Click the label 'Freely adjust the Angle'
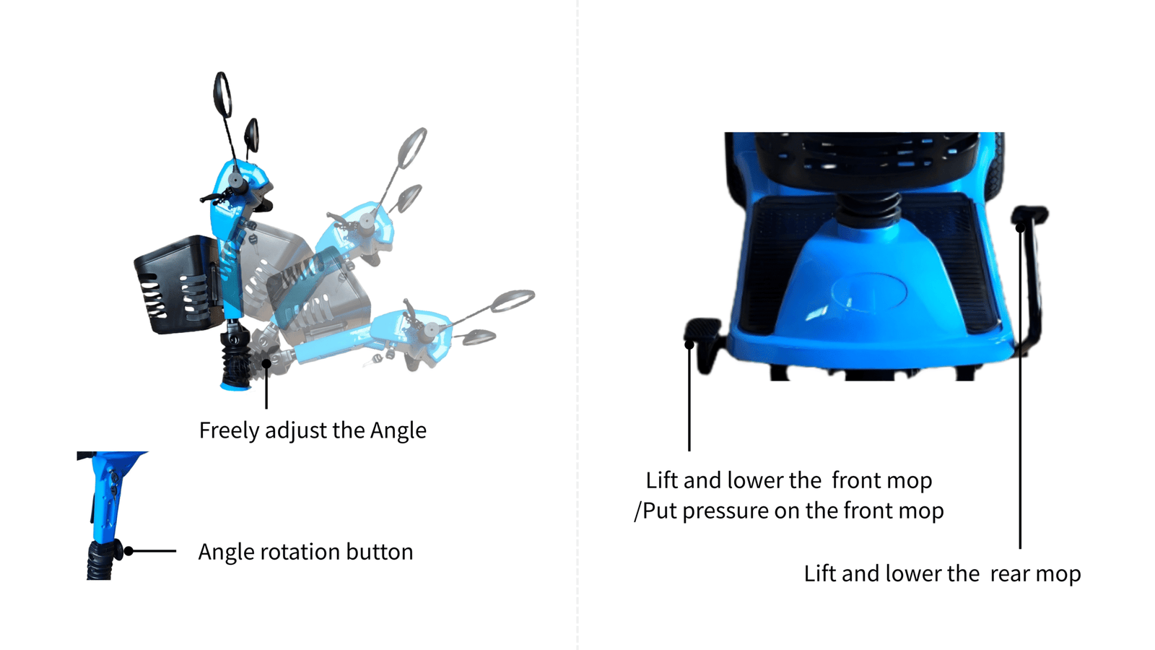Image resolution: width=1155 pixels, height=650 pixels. coord(313,430)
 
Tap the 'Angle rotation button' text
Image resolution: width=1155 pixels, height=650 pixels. coord(306,552)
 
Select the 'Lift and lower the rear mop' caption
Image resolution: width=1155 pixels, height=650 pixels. coord(943,573)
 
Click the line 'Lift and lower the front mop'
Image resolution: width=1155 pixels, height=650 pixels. coord(789,481)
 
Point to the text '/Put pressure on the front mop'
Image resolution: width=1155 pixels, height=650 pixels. coord(789,511)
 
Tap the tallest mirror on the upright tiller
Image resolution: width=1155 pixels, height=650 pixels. coord(222,95)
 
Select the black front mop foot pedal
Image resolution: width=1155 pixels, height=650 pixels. coord(702,330)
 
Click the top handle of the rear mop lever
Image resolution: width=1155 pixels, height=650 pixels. coord(1030,214)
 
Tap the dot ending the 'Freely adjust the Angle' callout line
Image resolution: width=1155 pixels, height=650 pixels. coord(266,364)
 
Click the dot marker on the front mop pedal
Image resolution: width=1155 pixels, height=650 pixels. coord(689,345)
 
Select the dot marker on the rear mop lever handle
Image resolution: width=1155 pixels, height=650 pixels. coord(1020,227)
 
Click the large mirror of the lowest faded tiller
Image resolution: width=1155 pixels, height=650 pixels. coord(512,300)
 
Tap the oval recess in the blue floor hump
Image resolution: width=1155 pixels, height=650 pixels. coord(869,292)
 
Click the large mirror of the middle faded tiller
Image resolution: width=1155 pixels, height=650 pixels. coord(412,149)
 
